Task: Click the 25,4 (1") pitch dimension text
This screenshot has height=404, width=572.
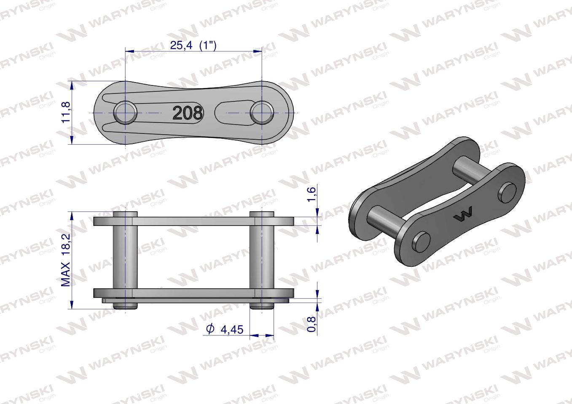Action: coord(193,46)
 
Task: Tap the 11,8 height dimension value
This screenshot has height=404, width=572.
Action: coord(66,112)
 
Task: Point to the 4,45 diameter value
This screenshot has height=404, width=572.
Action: coord(232,330)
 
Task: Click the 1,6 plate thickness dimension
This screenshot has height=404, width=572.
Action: coord(312,194)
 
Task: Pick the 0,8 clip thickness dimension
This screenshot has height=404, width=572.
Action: coord(312,324)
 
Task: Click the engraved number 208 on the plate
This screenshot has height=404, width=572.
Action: coord(188,113)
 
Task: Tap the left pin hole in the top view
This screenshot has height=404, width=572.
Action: coord(125,112)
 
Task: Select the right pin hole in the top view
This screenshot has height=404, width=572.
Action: coord(262,112)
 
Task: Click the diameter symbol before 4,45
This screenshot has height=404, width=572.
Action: coord(210,329)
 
